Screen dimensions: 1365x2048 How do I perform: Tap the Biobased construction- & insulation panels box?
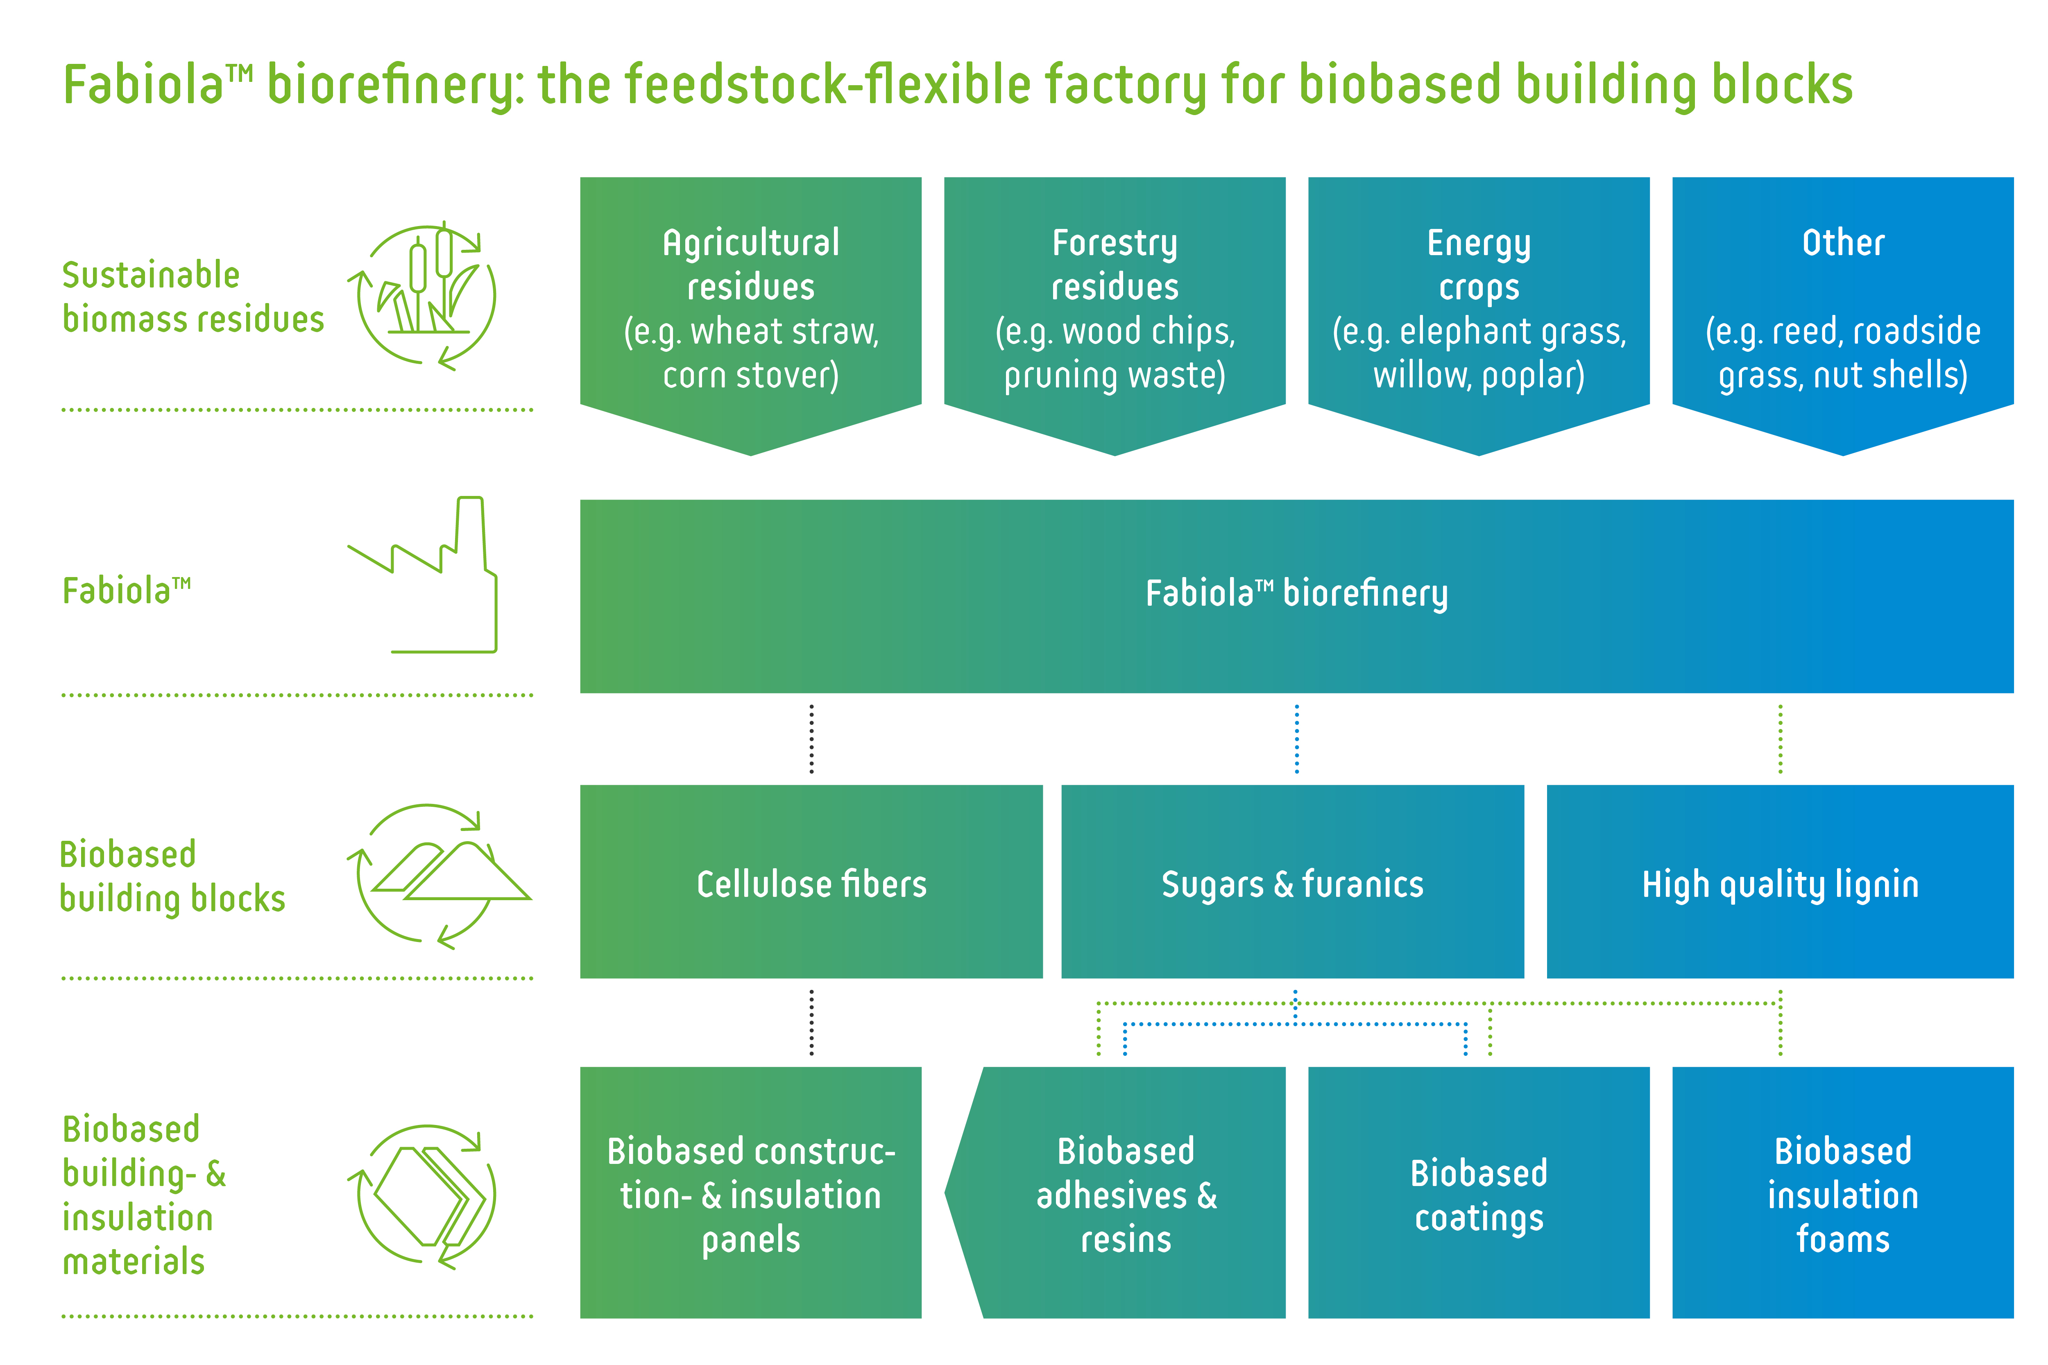point(750,1193)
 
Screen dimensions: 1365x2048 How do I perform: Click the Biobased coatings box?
point(1479,1193)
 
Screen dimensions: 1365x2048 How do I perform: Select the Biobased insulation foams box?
point(1842,1193)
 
